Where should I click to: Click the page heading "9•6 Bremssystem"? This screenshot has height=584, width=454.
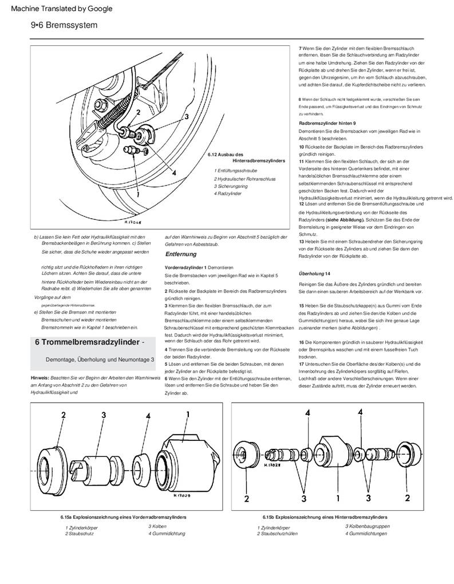(64, 25)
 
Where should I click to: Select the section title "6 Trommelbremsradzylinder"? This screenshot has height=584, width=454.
(87, 342)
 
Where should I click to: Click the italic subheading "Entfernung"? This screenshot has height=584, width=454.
(181, 254)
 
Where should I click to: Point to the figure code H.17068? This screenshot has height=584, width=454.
(133, 220)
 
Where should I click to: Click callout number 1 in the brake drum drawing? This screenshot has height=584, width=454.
(137, 194)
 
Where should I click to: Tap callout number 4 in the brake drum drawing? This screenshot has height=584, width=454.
(173, 172)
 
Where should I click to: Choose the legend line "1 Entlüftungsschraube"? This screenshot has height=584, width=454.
(236, 171)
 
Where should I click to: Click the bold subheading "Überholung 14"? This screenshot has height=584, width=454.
(315, 274)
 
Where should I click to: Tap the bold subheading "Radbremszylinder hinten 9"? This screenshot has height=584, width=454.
(327, 124)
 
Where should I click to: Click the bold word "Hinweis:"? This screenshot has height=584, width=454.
(40, 378)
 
